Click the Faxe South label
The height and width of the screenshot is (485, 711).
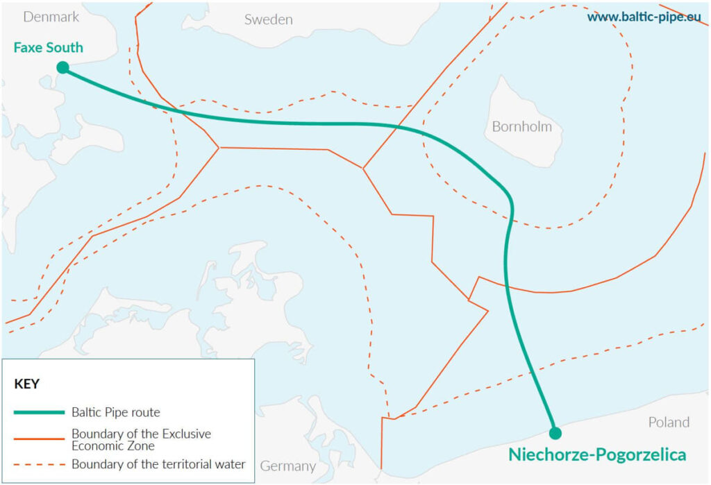(48, 48)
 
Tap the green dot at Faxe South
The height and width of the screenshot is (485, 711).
(62, 67)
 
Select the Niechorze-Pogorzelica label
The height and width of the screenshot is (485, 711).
(597, 455)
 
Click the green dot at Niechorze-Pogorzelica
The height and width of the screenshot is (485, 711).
(555, 434)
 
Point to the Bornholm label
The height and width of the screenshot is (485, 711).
(521, 127)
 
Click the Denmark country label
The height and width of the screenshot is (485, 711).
(51, 17)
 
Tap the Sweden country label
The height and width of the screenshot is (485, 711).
(268, 19)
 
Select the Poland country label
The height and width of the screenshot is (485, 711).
(669, 422)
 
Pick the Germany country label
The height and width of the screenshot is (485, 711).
(288, 466)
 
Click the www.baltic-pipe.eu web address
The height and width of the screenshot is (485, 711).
(644, 17)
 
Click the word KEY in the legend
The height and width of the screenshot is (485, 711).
(27, 384)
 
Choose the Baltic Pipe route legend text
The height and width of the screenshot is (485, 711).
(115, 412)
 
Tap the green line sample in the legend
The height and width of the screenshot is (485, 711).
(39, 412)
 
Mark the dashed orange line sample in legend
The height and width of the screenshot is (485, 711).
(39, 464)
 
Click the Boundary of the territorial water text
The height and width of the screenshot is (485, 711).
(158, 464)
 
